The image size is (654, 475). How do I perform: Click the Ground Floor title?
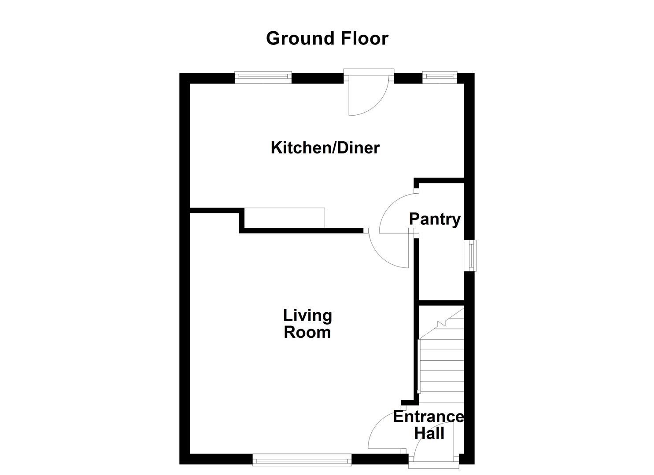[327, 38]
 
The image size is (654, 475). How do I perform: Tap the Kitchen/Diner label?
[325, 148]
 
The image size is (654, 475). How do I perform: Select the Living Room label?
[307, 324]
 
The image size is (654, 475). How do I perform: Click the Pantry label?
[435, 219]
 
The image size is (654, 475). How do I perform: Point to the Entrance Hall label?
[429, 425]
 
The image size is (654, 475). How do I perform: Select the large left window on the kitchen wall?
[263, 77]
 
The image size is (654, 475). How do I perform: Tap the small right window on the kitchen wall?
[440, 77]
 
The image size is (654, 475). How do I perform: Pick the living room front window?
[302, 460]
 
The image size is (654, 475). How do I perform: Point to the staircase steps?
[442, 365]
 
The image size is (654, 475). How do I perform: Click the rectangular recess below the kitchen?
[285, 218]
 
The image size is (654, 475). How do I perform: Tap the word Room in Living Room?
[307, 332]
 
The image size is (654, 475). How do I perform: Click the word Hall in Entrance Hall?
[429, 434]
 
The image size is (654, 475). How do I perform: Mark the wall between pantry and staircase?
[441, 303]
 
